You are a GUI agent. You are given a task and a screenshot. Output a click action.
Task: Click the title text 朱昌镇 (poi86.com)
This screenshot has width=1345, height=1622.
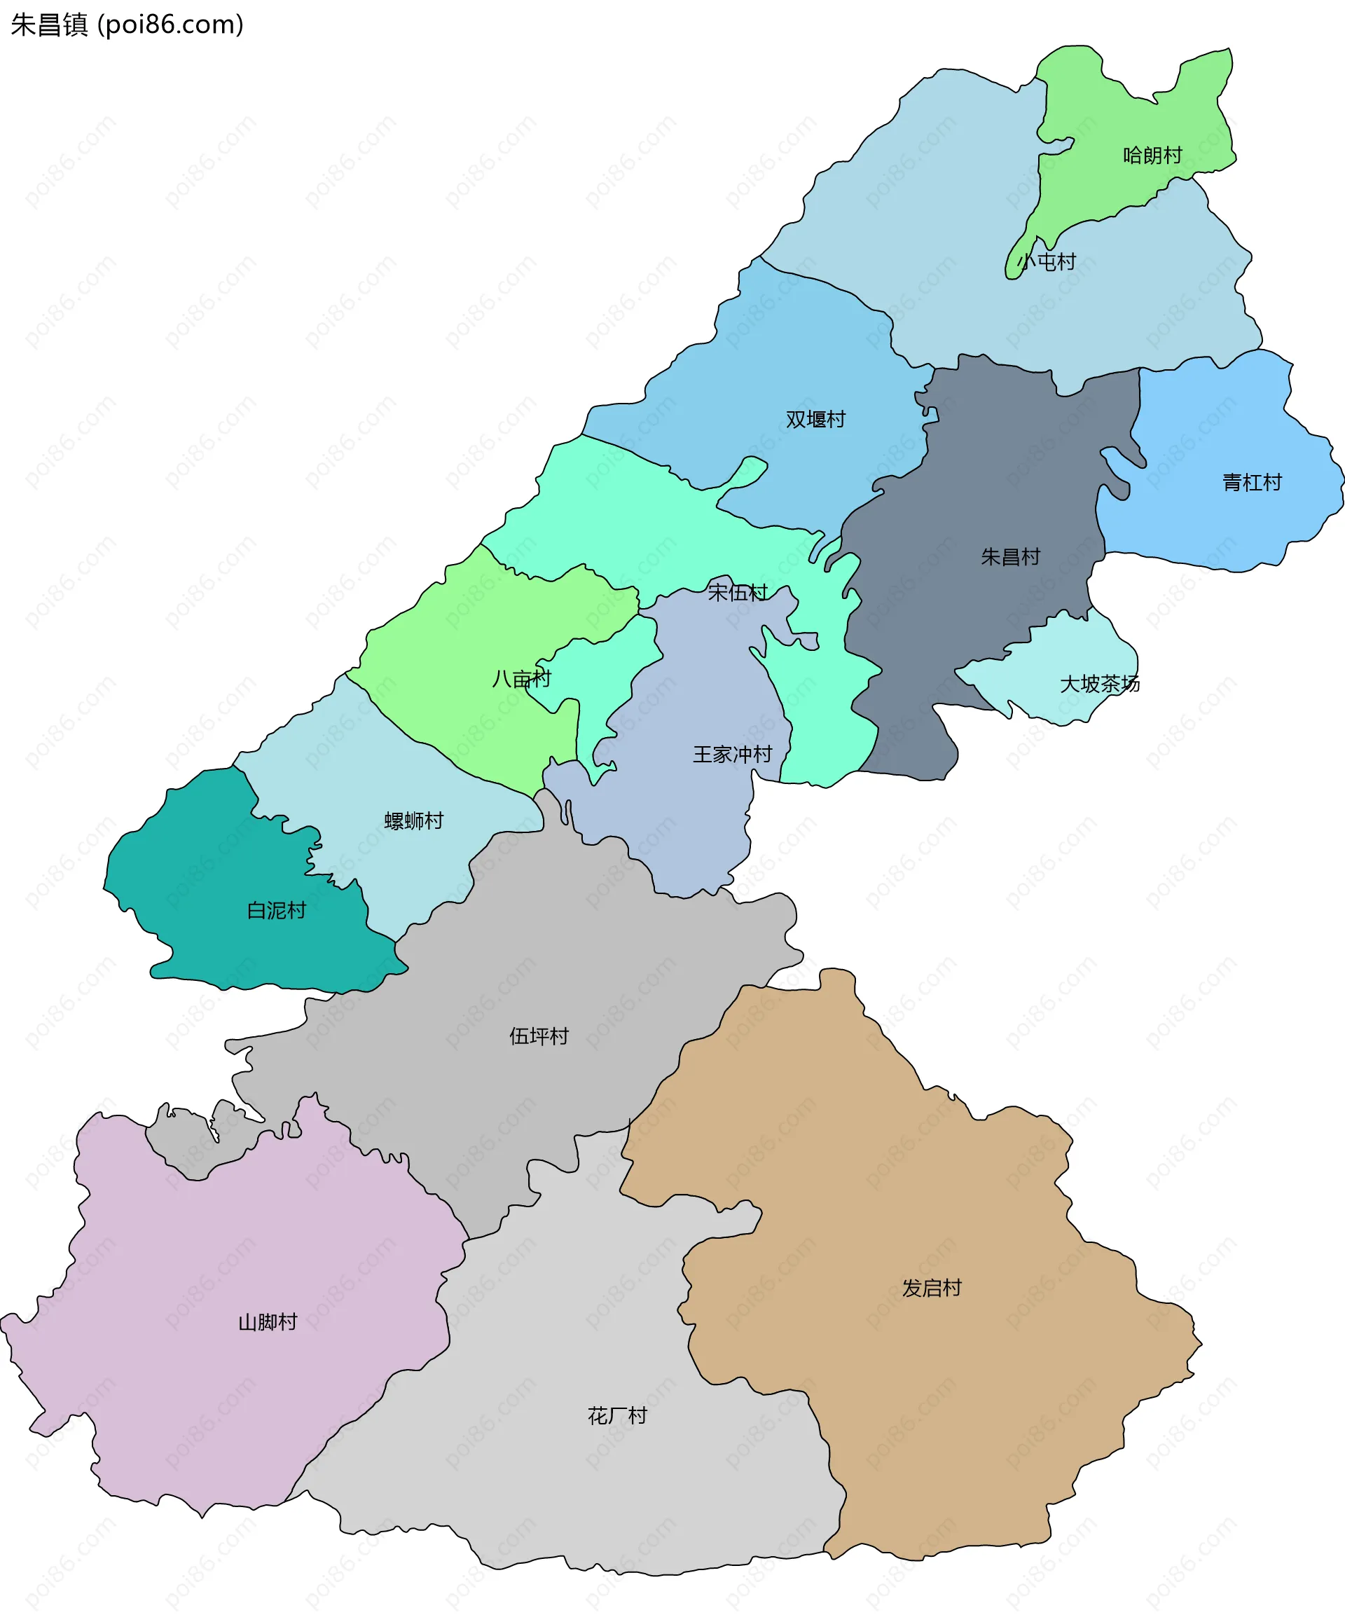click(127, 25)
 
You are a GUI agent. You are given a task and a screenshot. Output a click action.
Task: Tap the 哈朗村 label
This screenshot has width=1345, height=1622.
click(1152, 156)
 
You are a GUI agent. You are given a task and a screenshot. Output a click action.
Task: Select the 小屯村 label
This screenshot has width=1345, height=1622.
click(1046, 262)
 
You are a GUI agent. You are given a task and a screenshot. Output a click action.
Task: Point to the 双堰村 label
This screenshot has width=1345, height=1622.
click(815, 420)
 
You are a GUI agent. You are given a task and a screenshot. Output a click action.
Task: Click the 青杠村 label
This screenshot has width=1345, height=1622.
click(1252, 483)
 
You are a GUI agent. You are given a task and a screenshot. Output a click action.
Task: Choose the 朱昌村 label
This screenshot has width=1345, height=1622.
click(1010, 557)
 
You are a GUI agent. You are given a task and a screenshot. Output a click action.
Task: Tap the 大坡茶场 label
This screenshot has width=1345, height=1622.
click(1100, 684)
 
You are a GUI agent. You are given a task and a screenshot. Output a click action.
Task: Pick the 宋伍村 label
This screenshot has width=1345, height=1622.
click(738, 593)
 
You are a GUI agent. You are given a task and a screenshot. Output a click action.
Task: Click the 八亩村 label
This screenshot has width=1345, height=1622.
click(522, 679)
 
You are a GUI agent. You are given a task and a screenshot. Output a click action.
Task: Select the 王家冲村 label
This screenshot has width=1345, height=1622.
click(732, 754)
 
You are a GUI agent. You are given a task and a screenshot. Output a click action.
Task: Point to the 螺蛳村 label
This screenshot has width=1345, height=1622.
click(414, 820)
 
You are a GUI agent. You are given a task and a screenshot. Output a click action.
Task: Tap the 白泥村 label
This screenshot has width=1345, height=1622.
click(277, 911)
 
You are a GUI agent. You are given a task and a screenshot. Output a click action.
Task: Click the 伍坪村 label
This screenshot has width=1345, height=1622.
click(539, 1036)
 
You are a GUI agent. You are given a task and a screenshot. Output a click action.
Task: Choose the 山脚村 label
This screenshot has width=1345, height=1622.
click(267, 1322)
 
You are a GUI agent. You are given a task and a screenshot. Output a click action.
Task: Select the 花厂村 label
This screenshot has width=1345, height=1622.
click(617, 1416)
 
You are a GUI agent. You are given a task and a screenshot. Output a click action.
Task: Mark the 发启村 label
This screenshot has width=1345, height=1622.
click(932, 1288)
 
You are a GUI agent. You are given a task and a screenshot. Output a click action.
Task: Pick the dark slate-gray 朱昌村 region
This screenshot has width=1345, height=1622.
click(1004, 479)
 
